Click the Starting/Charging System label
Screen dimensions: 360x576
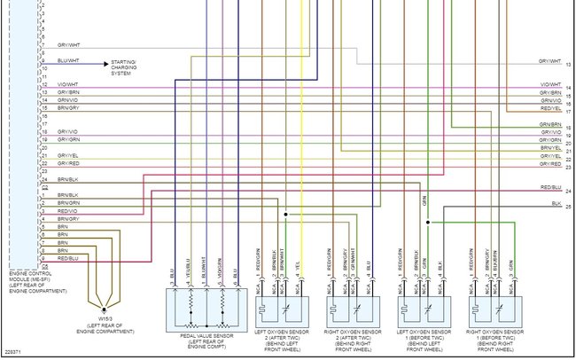(x=132, y=64)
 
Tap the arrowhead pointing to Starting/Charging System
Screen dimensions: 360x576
(x=107, y=64)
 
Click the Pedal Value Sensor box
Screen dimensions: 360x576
(x=204, y=310)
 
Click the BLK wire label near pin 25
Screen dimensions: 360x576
(x=556, y=204)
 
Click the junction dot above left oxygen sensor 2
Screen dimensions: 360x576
(x=285, y=215)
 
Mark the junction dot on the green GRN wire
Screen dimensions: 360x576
(x=427, y=223)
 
